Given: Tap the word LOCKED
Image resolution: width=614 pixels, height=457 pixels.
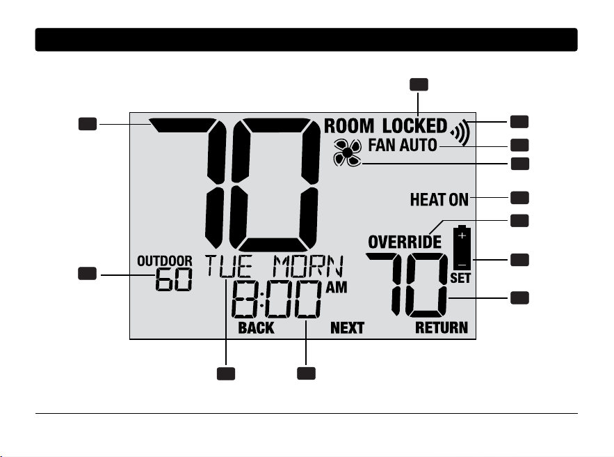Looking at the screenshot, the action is (x=414, y=126).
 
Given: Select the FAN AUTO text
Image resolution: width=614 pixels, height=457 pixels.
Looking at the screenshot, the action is (x=403, y=145).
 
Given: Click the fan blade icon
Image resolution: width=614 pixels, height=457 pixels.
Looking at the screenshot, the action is (x=348, y=153).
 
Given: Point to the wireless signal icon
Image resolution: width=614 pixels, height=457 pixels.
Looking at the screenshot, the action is (x=460, y=132).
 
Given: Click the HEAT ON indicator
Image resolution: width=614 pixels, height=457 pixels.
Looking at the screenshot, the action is (x=439, y=200).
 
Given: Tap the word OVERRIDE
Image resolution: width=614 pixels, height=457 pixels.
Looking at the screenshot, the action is (x=405, y=242).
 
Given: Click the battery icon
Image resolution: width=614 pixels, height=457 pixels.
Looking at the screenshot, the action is (x=462, y=247).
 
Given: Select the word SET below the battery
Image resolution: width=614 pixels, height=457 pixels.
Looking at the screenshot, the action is (x=460, y=278).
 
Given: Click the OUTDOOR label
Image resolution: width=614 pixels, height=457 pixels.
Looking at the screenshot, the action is (x=165, y=261).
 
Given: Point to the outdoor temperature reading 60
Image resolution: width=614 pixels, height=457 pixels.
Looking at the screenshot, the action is (x=174, y=279).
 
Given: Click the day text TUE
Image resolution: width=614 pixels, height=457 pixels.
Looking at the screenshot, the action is (x=229, y=266).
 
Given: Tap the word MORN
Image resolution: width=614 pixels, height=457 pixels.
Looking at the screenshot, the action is (x=308, y=266).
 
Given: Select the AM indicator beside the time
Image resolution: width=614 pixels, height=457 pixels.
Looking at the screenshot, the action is (x=337, y=288).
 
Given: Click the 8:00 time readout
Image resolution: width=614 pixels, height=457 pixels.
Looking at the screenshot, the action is (x=276, y=300).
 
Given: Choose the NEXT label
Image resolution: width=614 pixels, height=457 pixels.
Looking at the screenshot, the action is (x=348, y=328).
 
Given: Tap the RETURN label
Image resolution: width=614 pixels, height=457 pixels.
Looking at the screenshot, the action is (x=442, y=328).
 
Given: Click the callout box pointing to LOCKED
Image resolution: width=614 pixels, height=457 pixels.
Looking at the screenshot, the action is (x=419, y=85).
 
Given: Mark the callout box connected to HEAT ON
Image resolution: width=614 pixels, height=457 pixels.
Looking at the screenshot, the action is (x=519, y=198).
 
